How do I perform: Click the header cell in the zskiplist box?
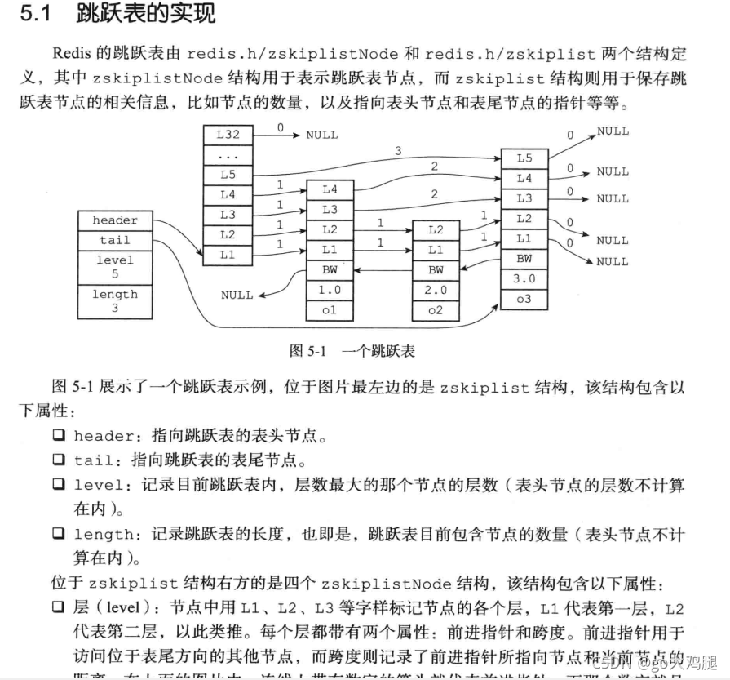[115, 220]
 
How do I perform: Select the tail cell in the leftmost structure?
[115, 241]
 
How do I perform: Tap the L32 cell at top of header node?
[228, 135]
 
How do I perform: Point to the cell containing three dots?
[228, 155]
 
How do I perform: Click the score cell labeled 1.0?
[330, 290]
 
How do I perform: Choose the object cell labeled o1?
[330, 310]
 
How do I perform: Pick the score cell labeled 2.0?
[436, 290]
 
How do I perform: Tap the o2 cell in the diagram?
[436, 310]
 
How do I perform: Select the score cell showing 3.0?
[524, 278]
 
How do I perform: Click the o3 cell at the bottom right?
[524, 299]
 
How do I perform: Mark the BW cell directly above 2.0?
[436, 269]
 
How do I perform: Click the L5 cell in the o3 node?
[524, 158]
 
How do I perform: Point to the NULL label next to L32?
[321, 135]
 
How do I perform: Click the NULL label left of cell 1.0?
[237, 295]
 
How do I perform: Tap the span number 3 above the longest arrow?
[398, 151]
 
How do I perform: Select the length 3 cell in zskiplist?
[115, 301]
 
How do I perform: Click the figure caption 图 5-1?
[308, 351]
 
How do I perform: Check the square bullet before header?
[59, 436]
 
